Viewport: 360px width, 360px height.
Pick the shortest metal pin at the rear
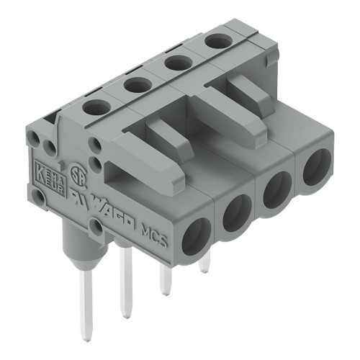coord(204,265)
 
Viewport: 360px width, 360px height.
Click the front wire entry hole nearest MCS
coord(195,237)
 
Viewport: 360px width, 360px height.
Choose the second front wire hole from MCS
coord(236,213)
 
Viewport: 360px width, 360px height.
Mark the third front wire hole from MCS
coord(276,190)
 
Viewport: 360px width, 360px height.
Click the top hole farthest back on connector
coord(218,42)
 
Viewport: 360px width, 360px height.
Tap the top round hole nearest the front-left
coord(95,107)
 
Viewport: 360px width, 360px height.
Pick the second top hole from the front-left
coord(136,85)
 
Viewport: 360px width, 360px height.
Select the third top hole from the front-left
coord(178,63)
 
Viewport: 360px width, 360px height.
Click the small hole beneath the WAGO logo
coord(96,228)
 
